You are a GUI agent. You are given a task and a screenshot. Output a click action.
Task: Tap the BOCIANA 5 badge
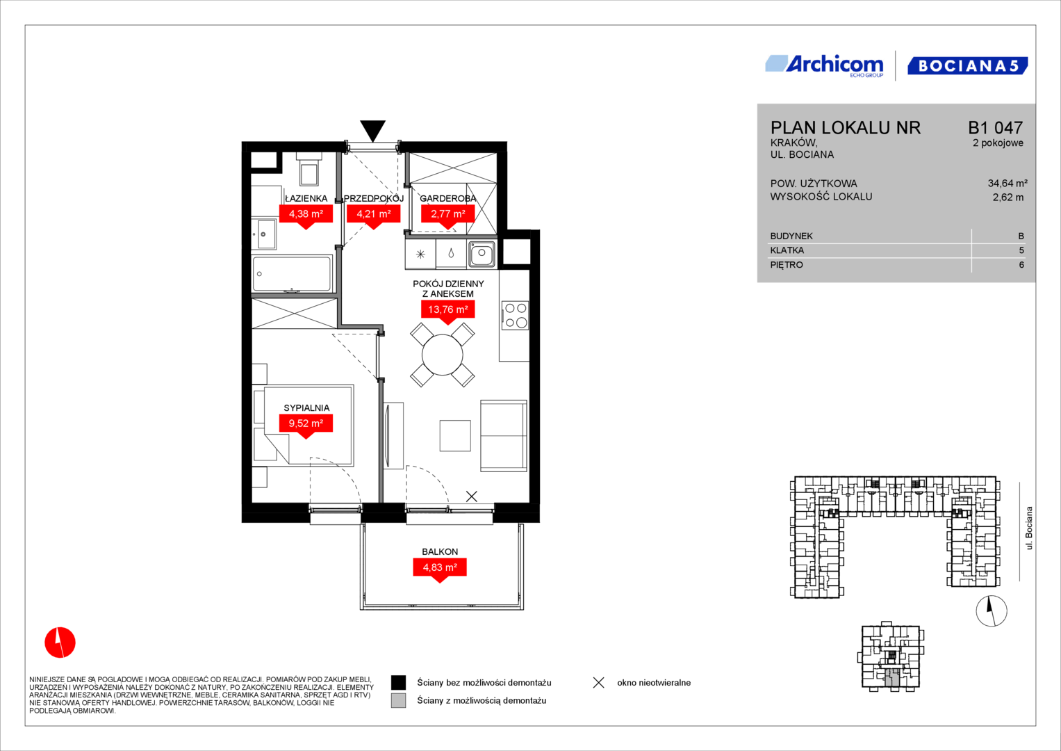click(968, 66)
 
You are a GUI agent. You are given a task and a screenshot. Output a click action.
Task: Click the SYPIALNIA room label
click(306, 407)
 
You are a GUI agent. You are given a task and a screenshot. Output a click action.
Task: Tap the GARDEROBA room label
click(447, 199)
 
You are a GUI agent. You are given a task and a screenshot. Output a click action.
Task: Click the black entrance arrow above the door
click(372, 130)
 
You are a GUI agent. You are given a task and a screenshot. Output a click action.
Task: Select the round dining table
click(443, 355)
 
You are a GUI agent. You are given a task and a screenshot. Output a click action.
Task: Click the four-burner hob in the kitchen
click(516, 315)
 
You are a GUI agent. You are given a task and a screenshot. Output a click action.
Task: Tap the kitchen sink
click(482, 254)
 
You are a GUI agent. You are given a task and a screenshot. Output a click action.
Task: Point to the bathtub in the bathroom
click(292, 273)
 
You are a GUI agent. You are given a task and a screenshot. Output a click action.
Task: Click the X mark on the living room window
click(471, 496)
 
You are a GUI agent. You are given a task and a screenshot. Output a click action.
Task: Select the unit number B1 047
click(995, 127)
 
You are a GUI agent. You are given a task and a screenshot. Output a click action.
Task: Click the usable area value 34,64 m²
click(1007, 183)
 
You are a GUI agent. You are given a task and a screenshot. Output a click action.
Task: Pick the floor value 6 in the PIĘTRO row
click(1021, 265)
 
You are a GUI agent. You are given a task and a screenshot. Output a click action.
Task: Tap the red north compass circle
click(60, 643)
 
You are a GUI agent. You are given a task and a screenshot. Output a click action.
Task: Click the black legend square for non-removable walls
click(398, 682)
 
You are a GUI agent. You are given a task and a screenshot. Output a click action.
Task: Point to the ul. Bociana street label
click(1028, 528)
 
